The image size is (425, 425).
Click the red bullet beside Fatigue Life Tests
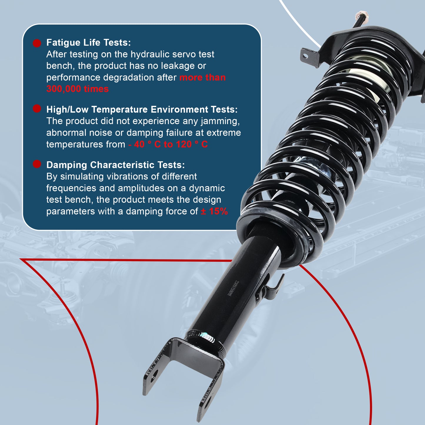click(x=37, y=43)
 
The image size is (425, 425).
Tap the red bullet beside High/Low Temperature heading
click(x=37, y=109)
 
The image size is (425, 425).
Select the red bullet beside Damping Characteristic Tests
click(x=37, y=164)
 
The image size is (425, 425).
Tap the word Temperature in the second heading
click(x=119, y=110)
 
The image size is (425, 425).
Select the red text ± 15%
click(x=214, y=211)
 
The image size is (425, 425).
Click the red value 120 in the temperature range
click(x=184, y=144)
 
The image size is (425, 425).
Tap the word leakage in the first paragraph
click(x=177, y=66)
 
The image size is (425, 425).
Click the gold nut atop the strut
click(x=362, y=16)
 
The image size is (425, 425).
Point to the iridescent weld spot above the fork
click(x=206, y=336)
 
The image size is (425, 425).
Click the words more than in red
click(x=202, y=78)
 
